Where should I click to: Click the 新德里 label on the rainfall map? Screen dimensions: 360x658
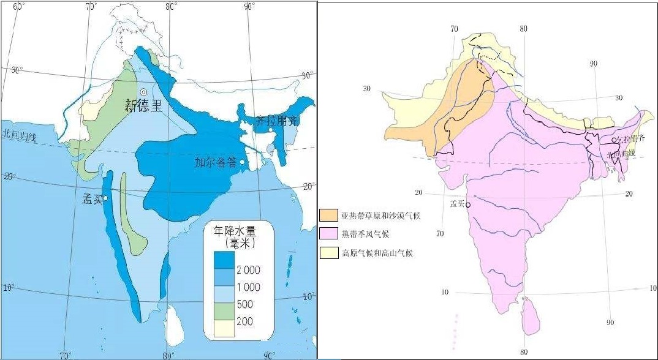(143, 105)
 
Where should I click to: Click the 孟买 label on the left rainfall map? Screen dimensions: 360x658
(92, 199)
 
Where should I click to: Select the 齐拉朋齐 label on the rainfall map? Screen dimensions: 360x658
(276, 121)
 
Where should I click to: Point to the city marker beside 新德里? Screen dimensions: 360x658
(144, 92)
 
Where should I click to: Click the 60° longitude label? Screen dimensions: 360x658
(19, 7)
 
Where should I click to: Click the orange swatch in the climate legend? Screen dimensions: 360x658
(328, 215)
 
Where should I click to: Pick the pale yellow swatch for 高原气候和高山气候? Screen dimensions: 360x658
(328, 252)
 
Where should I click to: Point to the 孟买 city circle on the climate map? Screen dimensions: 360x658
(468, 205)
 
